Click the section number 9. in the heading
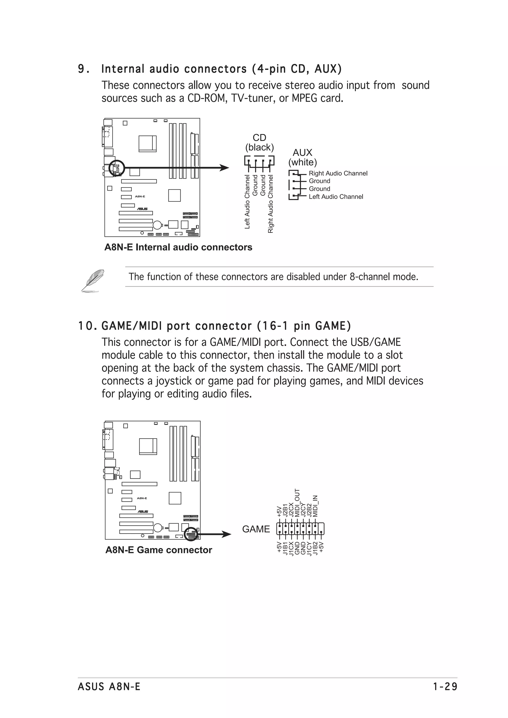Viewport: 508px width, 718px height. [83, 69]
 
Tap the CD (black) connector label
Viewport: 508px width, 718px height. [259, 143]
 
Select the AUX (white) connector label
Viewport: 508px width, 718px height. [302, 157]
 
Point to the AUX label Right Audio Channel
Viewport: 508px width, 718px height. [338, 173]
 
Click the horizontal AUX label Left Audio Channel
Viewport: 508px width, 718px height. [336, 197]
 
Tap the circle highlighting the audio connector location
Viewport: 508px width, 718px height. [116, 168]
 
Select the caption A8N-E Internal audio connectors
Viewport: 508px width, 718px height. [178, 247]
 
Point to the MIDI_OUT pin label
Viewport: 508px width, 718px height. [297, 502]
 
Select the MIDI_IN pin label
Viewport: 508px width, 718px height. [315, 506]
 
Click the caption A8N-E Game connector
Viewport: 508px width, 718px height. [159, 550]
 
